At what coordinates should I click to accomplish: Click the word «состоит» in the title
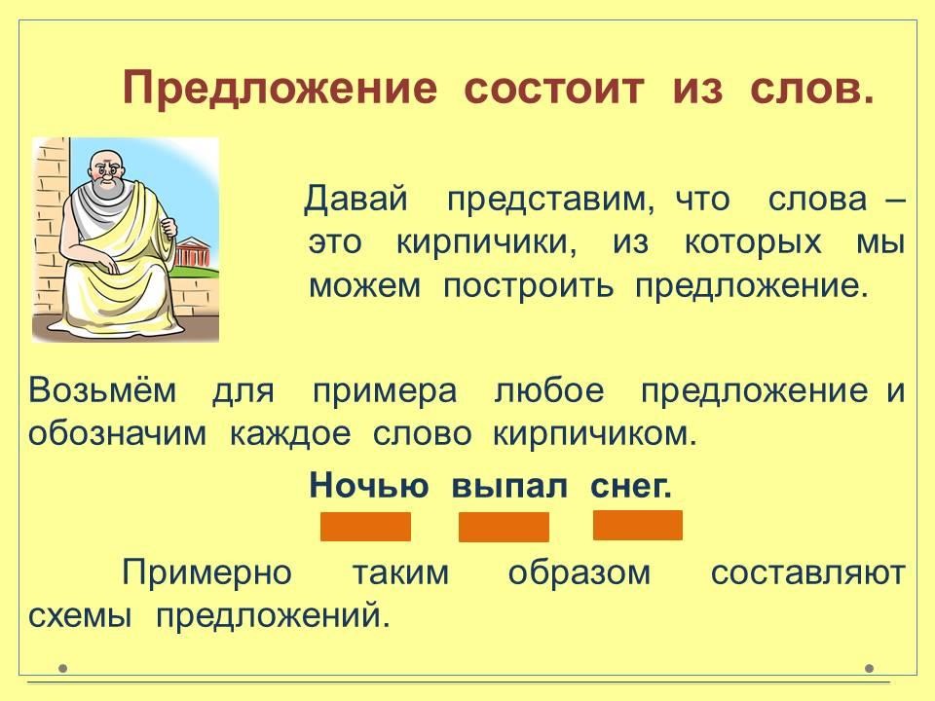(554, 89)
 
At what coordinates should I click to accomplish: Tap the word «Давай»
(356, 199)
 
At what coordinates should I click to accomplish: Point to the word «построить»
(528, 287)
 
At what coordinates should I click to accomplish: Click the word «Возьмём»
(102, 391)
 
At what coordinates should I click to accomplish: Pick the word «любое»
(549, 391)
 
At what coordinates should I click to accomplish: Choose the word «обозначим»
(117, 434)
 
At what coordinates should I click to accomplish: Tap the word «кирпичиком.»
(594, 434)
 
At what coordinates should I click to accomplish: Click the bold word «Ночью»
(369, 485)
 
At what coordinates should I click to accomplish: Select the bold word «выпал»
(509, 487)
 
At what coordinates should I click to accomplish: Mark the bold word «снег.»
(631, 487)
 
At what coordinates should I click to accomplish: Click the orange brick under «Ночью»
(365, 527)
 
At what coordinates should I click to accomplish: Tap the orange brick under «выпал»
(504, 527)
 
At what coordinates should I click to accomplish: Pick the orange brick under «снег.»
(638, 525)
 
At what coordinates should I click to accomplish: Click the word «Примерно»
(206, 572)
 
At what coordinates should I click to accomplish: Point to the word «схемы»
(79, 616)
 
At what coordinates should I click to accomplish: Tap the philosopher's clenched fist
(169, 227)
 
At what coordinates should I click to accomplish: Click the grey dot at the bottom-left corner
(63, 668)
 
